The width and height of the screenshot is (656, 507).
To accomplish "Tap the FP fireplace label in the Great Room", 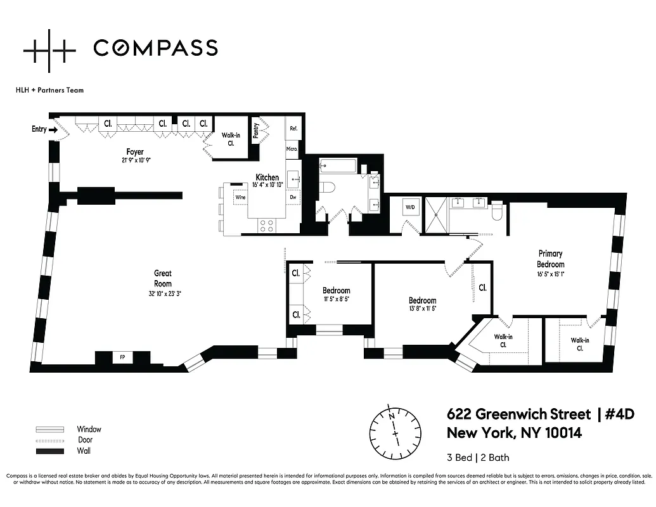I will pos(122,357).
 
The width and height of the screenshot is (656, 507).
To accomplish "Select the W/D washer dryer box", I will pos(409,207).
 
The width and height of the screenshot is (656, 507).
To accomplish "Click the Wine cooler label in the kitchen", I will pos(240,197).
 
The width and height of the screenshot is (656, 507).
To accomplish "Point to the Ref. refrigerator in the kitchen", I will pos(293,128).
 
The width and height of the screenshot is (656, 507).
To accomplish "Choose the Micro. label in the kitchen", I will pos(292,149).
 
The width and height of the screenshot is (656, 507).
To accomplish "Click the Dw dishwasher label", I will pos(293,197).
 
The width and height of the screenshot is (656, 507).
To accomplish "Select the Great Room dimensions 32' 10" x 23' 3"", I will pos(163,293).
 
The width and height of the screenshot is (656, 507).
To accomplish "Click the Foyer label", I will pos(134,152).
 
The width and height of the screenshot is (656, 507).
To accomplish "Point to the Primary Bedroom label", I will pos(550,259).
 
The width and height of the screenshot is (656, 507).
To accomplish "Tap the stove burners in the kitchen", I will pos(266,223).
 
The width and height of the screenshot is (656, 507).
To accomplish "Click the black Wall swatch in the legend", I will pos(50,451).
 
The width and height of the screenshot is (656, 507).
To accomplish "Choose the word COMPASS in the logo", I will pos(155,48).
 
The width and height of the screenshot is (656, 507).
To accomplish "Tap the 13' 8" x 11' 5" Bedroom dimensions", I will pos(422,309).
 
